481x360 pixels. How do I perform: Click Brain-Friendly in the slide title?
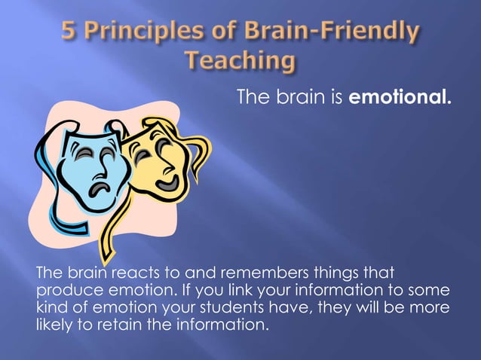tap(332, 34)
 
